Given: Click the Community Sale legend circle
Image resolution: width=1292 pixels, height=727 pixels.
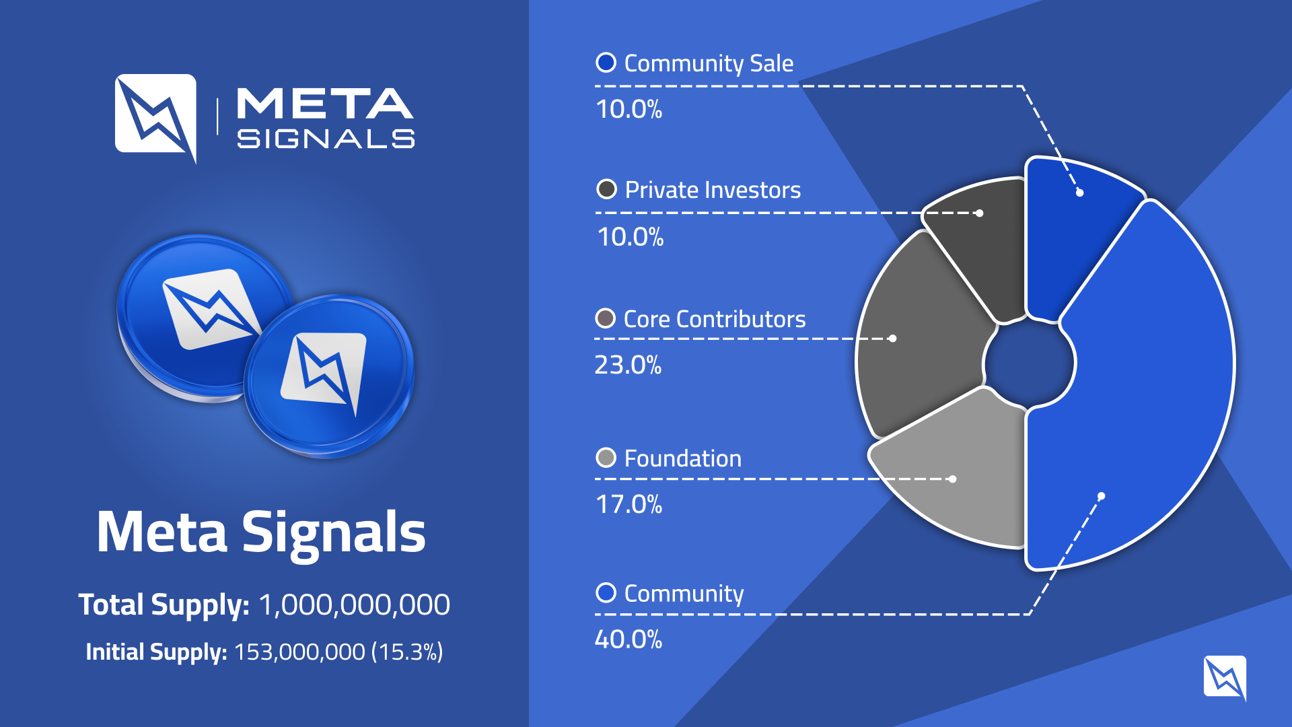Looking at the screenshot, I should tap(606, 63).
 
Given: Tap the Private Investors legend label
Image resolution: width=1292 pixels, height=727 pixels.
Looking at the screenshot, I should tap(713, 190).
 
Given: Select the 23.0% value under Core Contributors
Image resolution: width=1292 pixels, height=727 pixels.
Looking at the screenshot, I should tap(628, 365).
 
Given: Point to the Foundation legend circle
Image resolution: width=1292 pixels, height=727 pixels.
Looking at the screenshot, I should tap(606, 458).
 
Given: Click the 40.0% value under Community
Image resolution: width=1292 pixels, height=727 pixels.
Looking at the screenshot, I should tap(629, 639).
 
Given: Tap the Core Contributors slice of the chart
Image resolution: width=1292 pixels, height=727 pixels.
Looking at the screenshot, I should tap(922, 337).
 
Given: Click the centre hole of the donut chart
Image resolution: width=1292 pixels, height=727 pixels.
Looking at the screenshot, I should tap(1029, 363).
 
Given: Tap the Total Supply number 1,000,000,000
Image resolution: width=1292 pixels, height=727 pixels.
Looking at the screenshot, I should tap(354, 604).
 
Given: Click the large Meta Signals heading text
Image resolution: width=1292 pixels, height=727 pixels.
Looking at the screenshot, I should tap(261, 532).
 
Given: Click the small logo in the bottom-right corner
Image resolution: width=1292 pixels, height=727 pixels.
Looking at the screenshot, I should tap(1225, 677).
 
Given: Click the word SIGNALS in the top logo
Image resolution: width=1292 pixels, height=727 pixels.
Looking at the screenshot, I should tap(326, 139).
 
